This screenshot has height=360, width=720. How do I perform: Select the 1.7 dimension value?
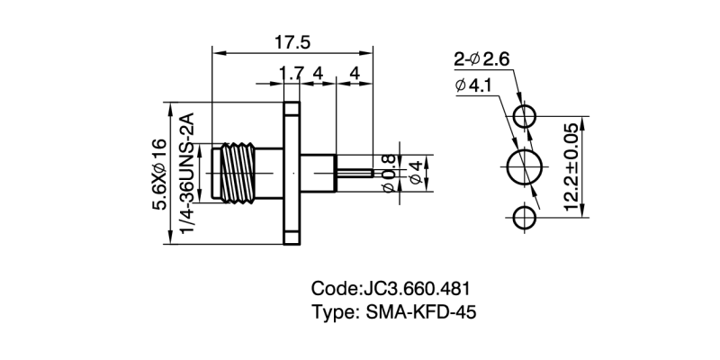click(x=290, y=72)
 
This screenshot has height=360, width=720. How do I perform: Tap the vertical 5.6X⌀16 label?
click(x=159, y=173)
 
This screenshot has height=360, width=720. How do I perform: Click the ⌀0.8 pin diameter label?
click(x=388, y=170)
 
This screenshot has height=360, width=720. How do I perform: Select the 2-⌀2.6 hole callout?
click(x=481, y=59)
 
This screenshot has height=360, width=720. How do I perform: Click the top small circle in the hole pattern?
click(x=525, y=117)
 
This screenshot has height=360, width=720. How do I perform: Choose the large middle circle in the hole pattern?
click(x=526, y=167)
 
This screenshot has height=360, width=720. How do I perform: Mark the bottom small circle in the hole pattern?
click(x=525, y=218)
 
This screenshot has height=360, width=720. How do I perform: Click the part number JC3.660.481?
click(x=415, y=290)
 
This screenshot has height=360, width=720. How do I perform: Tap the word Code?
click(x=334, y=290)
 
